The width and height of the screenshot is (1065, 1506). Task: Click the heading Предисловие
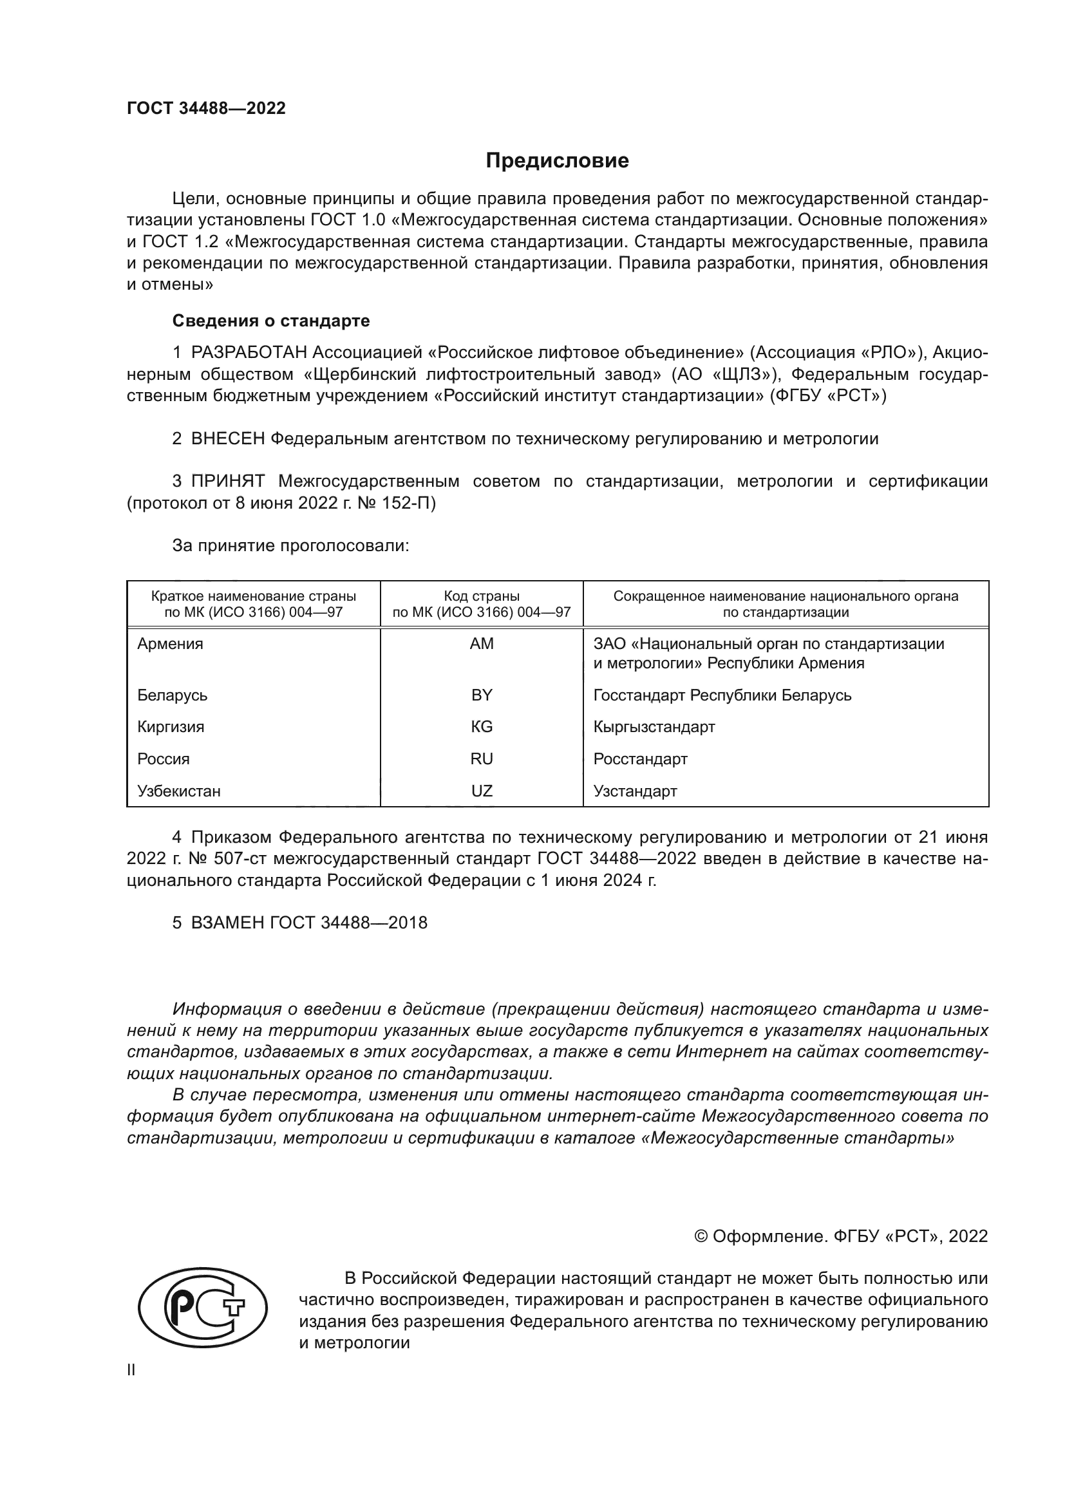[557, 161]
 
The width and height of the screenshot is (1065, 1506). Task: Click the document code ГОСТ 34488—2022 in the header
[207, 108]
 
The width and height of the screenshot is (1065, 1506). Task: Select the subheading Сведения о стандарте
[271, 321]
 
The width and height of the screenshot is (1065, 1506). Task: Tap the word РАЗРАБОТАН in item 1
[249, 353]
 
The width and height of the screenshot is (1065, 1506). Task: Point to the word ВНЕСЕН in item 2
[227, 439]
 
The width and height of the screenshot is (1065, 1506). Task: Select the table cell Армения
[171, 643]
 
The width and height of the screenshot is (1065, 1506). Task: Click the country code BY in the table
[482, 695]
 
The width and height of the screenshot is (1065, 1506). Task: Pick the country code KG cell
[482, 727]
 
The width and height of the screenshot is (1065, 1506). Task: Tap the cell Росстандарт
[640, 759]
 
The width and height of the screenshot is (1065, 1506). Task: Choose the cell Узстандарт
[635, 791]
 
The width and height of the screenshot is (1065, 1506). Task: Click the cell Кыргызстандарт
[654, 727]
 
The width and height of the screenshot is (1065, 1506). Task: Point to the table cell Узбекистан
[179, 791]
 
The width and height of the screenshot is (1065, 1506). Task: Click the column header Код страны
[482, 596]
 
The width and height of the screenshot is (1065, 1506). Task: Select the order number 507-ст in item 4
[242, 859]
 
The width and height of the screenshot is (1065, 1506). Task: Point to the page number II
[131, 1370]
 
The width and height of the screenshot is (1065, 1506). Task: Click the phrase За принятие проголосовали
[290, 546]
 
